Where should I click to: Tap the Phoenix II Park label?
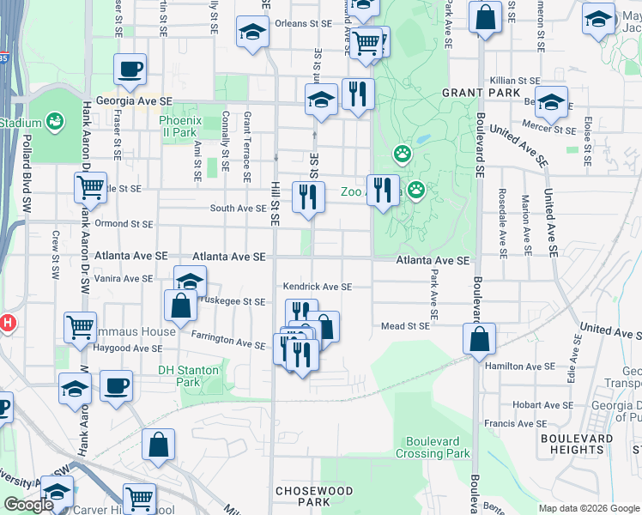click(x=180, y=126)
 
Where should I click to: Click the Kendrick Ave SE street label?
click(x=318, y=287)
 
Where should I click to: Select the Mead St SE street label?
click(x=405, y=326)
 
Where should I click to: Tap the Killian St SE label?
click(x=514, y=80)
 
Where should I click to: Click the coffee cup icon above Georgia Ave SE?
click(x=130, y=69)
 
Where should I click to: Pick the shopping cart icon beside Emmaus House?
click(x=80, y=327)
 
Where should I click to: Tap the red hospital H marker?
click(x=7, y=324)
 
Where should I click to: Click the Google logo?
click(x=28, y=505)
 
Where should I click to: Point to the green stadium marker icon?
click(x=56, y=123)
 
